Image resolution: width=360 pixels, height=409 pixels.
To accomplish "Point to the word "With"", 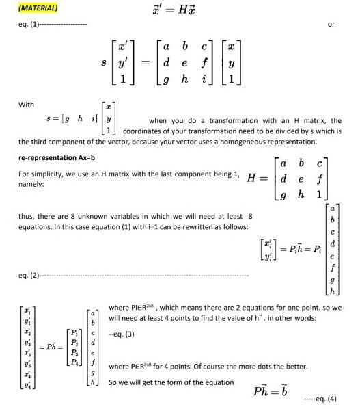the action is coord(26,105).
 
